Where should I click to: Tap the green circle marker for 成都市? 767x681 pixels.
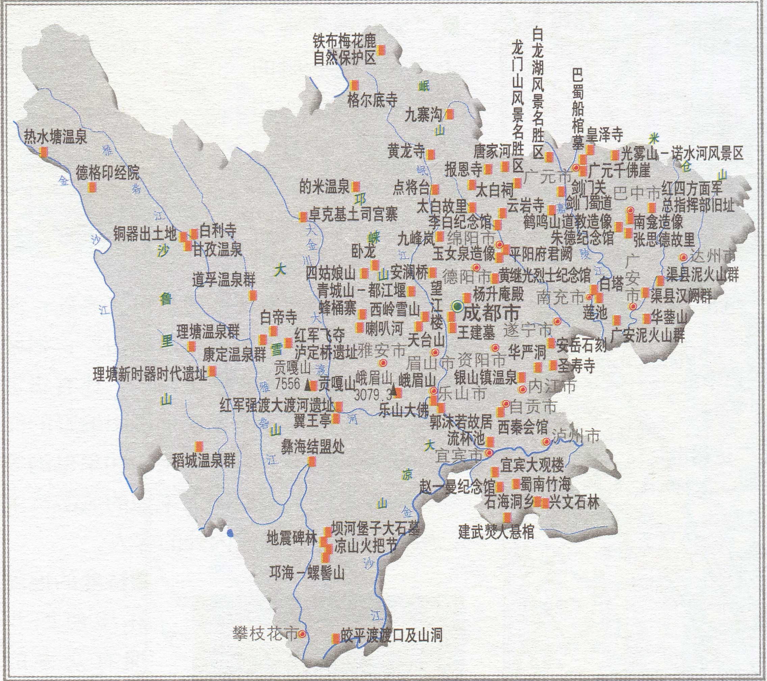point(457,307)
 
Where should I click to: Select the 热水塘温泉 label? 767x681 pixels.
point(56,137)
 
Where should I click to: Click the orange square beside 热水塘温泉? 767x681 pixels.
point(44,152)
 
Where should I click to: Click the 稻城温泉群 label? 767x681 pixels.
point(204,460)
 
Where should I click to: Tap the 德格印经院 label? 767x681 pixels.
point(108,172)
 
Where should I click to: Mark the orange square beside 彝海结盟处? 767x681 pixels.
point(312,463)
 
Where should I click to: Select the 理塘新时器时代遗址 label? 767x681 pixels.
point(150,374)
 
